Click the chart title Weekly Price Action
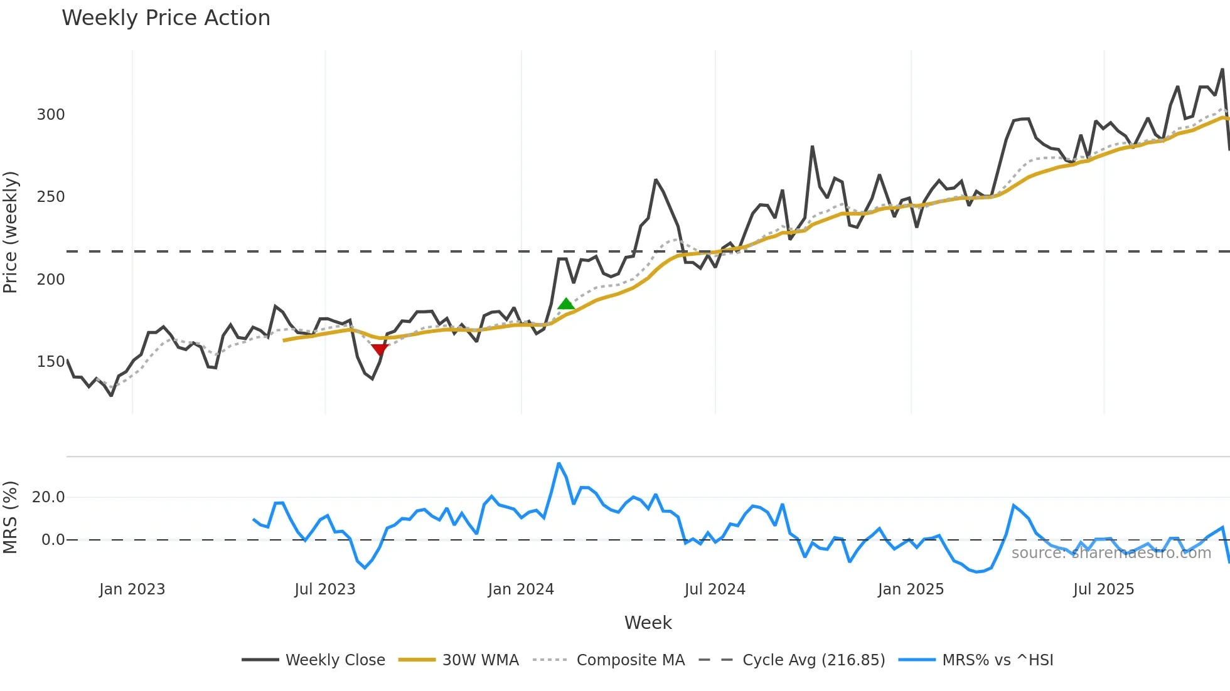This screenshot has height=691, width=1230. tap(166, 18)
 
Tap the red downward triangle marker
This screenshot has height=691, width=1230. tap(380, 349)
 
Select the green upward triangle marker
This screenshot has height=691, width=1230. tap(566, 304)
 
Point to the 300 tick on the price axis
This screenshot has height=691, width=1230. tap(51, 115)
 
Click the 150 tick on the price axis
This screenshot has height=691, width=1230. tap(51, 362)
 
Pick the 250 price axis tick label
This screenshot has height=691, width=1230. tap(51, 197)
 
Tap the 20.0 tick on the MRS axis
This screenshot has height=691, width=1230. tap(48, 497)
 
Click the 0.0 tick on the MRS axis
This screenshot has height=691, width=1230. tap(53, 540)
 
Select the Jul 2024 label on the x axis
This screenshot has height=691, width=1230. tap(715, 589)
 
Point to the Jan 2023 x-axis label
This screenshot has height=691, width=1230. tap(132, 589)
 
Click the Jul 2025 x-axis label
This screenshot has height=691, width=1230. tap(1103, 589)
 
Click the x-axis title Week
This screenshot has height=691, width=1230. tap(648, 623)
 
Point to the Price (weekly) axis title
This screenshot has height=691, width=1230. tap(11, 232)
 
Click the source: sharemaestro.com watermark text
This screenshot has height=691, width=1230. tap(1111, 553)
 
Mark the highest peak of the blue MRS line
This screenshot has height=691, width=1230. tap(559, 463)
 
